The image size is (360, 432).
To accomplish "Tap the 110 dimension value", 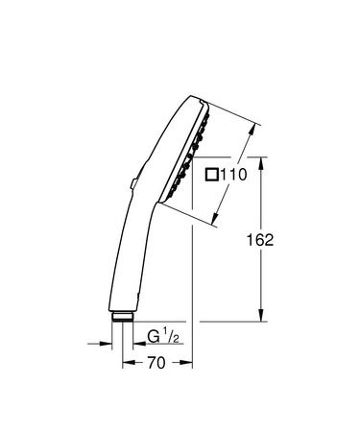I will coord(235,175).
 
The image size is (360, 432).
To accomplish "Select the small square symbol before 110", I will coord(213,175).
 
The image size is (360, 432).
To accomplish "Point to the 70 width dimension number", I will coord(157,364).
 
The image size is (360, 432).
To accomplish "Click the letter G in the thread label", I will coord(153,338).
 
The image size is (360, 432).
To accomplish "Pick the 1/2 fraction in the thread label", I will coord(171,338).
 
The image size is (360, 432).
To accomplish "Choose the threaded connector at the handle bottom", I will coord(123,318).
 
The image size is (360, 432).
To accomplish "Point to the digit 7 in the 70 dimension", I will coord(152,364).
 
